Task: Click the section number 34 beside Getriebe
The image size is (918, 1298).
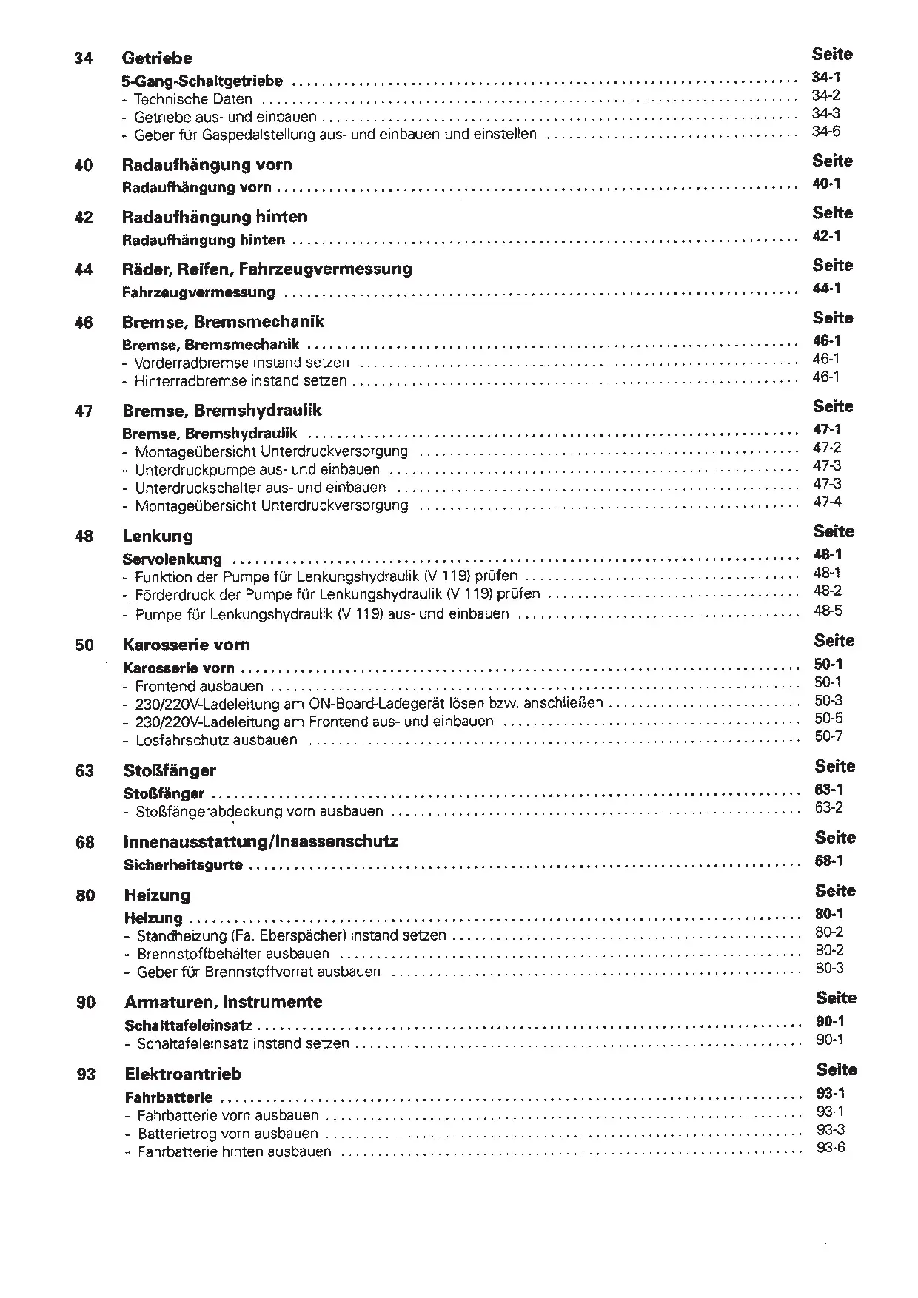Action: coord(84,58)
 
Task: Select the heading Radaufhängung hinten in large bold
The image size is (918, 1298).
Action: coord(215,217)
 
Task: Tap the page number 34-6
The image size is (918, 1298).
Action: coord(826,132)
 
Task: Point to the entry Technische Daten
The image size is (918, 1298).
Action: coord(193,99)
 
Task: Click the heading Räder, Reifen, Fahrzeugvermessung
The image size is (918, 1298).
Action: coord(267,269)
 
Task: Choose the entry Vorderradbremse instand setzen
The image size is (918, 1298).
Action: coord(242,363)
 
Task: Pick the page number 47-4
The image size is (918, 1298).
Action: coord(827,502)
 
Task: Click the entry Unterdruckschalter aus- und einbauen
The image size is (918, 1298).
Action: coord(261,488)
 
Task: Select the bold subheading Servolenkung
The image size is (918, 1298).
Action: coord(172,559)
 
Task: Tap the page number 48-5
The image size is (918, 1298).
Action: coord(828,611)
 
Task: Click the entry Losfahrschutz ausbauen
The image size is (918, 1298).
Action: coord(216,740)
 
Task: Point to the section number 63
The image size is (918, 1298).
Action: coord(84,771)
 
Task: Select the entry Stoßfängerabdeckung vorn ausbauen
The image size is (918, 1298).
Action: coord(260,812)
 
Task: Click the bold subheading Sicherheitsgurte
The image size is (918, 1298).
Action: coord(184,865)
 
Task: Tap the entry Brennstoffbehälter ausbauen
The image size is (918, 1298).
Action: coord(233,954)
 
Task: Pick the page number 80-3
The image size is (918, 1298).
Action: coord(830,968)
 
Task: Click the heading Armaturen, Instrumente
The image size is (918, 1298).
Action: coord(224,1002)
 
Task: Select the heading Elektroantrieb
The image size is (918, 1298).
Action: coord(184,1074)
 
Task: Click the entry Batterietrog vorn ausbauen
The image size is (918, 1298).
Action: coord(228,1134)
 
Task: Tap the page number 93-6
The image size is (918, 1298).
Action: coord(831,1148)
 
